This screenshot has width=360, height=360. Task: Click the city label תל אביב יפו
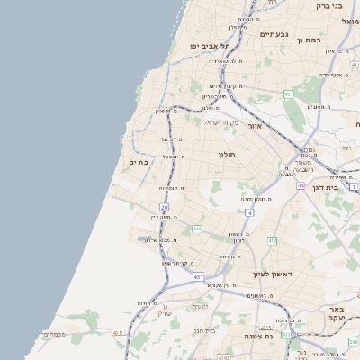coord(210,45)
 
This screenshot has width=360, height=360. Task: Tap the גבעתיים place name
coord(274,34)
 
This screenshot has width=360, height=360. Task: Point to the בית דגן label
coord(336,186)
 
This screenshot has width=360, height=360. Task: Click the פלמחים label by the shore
coord(54,334)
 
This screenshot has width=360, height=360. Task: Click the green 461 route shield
coord(288,94)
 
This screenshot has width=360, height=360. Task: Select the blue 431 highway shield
coord(198,277)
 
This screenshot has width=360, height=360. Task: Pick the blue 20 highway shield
coord(165,207)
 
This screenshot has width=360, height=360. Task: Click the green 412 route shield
coord(272,240)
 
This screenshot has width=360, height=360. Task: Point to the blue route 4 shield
coord(248,212)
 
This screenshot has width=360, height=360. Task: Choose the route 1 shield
coord(354,186)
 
